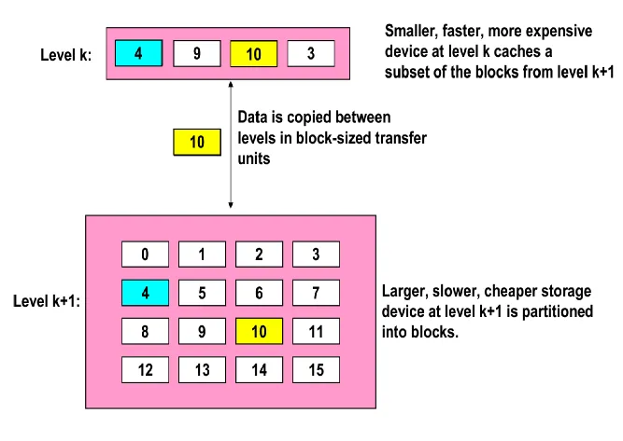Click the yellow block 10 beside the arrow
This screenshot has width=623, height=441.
197,143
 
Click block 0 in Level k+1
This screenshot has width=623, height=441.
145,254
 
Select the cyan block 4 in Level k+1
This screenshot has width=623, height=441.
145,292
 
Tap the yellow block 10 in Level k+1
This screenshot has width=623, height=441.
259,330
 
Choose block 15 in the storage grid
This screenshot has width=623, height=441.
316,368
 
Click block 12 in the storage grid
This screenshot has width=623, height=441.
145,368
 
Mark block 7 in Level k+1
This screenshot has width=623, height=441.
316,292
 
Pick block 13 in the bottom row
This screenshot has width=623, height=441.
202,368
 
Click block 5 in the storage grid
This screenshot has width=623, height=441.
202,292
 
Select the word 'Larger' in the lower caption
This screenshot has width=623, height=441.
404,290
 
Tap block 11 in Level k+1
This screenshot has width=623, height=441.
316,330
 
